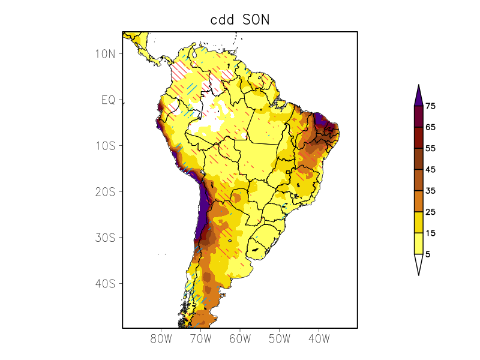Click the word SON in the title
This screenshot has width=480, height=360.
(x=256, y=19)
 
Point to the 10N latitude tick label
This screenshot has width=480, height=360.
(x=105, y=54)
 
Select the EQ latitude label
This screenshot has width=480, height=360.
(x=108, y=100)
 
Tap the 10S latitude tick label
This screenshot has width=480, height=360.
(x=105, y=146)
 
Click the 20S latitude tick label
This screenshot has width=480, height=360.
(x=105, y=192)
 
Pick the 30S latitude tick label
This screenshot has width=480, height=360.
(x=105, y=238)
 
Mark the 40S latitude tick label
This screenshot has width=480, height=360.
(x=105, y=283)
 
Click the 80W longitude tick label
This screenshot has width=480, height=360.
(x=161, y=339)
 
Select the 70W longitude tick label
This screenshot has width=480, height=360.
(x=200, y=339)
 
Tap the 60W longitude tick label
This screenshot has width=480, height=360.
(x=240, y=339)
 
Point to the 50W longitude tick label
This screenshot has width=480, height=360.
(x=279, y=339)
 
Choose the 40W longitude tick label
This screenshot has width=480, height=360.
(x=319, y=339)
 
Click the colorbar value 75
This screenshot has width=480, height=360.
(x=430, y=106)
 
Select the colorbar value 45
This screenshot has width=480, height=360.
(x=430, y=170)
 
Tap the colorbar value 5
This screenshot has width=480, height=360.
(x=428, y=254)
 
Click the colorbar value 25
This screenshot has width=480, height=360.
(x=430, y=212)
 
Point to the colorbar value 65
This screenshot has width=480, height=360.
(x=430, y=127)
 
